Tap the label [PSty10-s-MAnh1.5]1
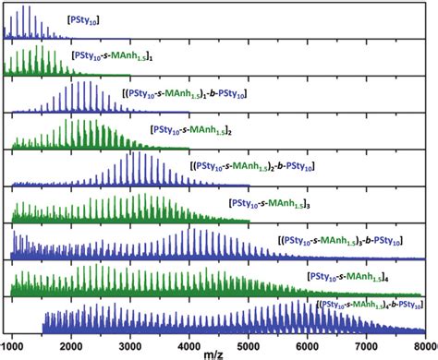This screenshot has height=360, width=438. [x=117, y=56]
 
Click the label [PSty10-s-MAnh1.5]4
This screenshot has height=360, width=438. [x=350, y=275]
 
